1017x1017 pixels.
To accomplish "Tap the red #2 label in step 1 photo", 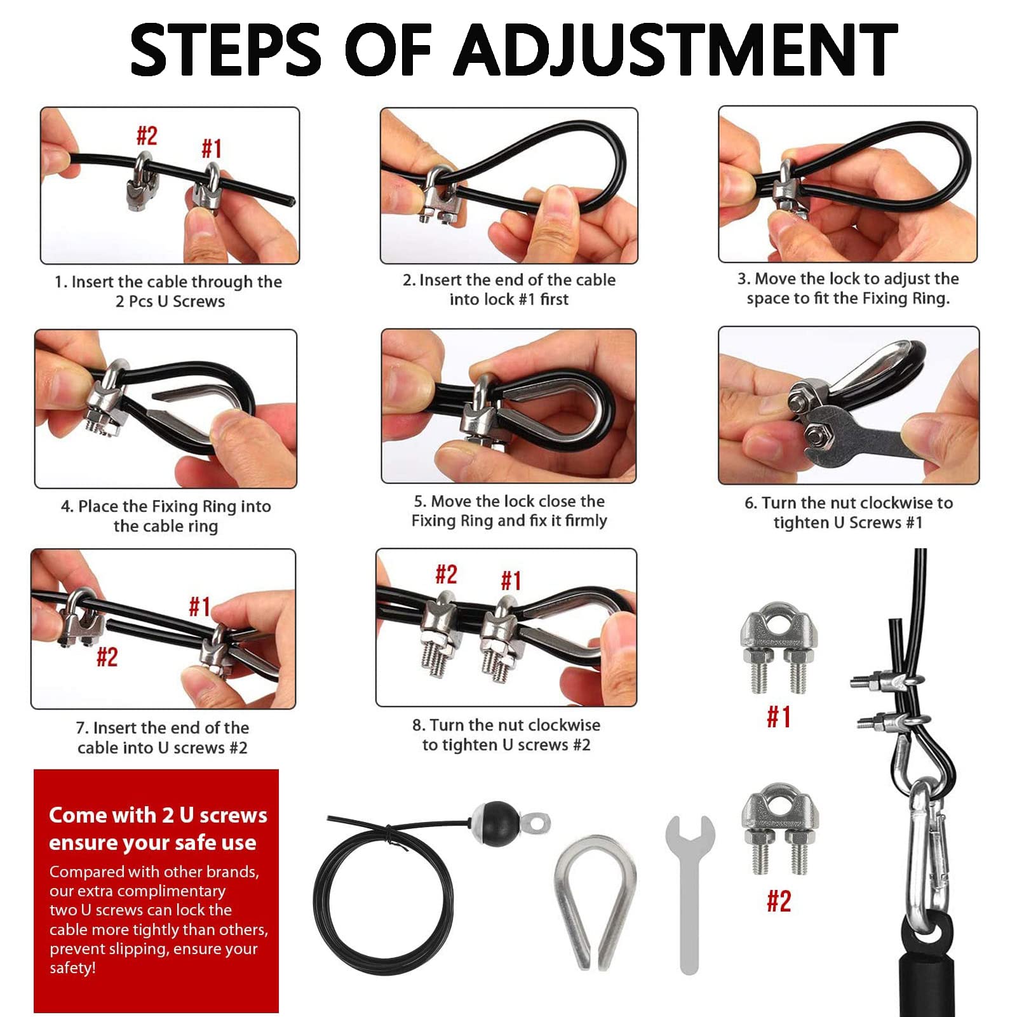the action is point(147,135).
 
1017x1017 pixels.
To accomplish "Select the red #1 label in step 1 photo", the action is point(212,149).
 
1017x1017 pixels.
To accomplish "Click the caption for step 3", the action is point(848,288).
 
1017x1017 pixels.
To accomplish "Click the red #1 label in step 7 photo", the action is point(199,607).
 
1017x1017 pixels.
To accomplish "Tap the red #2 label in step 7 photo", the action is point(107,657).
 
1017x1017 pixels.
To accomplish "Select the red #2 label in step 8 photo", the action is point(446,575).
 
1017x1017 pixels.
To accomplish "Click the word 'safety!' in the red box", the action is point(72,967).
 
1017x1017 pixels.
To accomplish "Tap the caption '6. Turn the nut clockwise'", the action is point(849,503).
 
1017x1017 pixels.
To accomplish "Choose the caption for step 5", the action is point(509,511).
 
